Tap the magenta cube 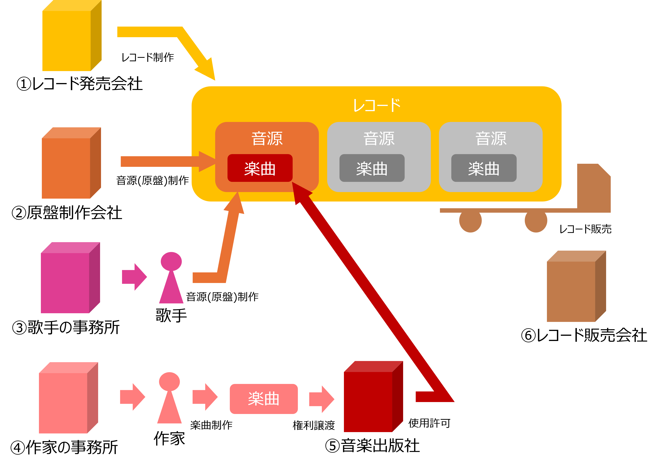click(65, 283)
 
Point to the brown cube click(571, 291)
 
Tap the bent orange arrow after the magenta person click(227, 253)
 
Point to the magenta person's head click(171, 261)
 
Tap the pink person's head click(169, 381)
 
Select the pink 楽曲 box click(264, 399)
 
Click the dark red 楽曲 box click(260, 168)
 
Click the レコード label click(377, 105)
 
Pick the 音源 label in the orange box click(267, 138)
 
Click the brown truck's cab click(594, 188)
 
